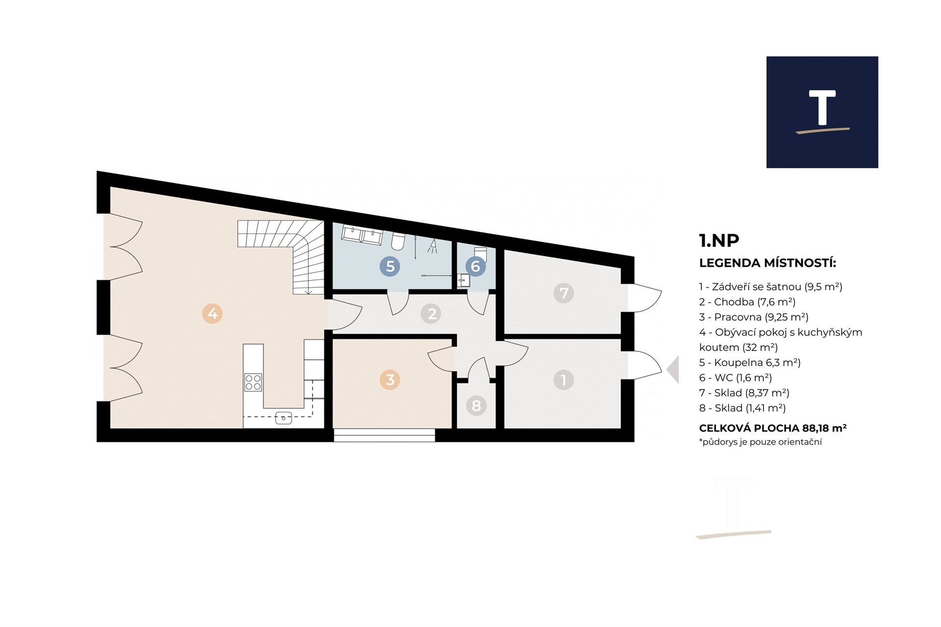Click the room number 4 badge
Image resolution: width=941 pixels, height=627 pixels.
pyautogui.click(x=213, y=313)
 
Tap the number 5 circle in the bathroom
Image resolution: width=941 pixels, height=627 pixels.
pyautogui.click(x=390, y=266)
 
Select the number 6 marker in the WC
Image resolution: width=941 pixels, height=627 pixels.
pyautogui.click(x=475, y=266)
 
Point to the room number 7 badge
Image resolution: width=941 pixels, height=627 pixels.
pyautogui.click(x=564, y=293)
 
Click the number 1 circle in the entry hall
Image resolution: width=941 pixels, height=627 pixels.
pyautogui.click(x=564, y=379)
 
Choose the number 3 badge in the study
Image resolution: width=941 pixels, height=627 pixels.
pyautogui.click(x=390, y=379)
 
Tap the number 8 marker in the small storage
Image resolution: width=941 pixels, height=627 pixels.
pyautogui.click(x=476, y=405)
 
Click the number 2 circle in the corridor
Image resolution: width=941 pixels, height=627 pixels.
pyautogui.click(x=432, y=313)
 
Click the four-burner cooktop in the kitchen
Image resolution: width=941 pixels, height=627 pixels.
pyautogui.click(x=253, y=382)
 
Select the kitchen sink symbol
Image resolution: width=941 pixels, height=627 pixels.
pyautogui.click(x=284, y=418)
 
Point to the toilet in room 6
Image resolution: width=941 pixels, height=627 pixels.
pyautogui.click(x=480, y=253)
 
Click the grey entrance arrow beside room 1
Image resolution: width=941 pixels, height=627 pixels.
pyautogui.click(x=672, y=370)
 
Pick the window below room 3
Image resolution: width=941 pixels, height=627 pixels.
pyautogui.click(x=385, y=435)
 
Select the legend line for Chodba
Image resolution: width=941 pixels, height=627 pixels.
pyautogui.click(x=747, y=302)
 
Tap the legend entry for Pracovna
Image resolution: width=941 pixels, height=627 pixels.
pyautogui.click(x=754, y=317)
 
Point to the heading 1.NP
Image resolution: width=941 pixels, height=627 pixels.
pyautogui.click(x=719, y=240)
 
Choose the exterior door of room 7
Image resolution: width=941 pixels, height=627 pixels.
pyautogui.click(x=644, y=298)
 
